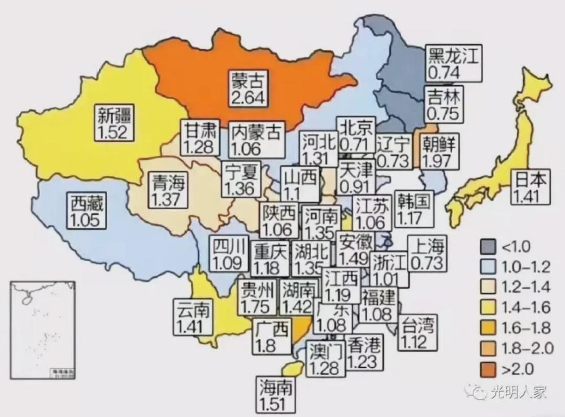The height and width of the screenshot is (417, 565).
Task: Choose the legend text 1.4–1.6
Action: coord(525,308)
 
